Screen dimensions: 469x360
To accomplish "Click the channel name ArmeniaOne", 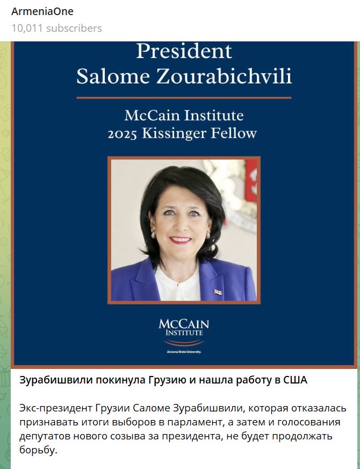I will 42,11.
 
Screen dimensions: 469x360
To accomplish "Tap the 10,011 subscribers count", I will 56,28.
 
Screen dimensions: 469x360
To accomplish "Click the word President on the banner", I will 184,52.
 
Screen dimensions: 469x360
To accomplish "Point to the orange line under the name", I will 184,98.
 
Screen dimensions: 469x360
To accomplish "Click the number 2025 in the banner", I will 123,134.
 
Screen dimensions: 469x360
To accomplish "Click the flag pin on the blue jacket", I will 218,292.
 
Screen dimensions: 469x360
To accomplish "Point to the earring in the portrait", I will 154,235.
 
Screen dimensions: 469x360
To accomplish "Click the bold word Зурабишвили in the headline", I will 55,380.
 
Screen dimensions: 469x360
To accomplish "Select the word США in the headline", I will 295,380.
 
